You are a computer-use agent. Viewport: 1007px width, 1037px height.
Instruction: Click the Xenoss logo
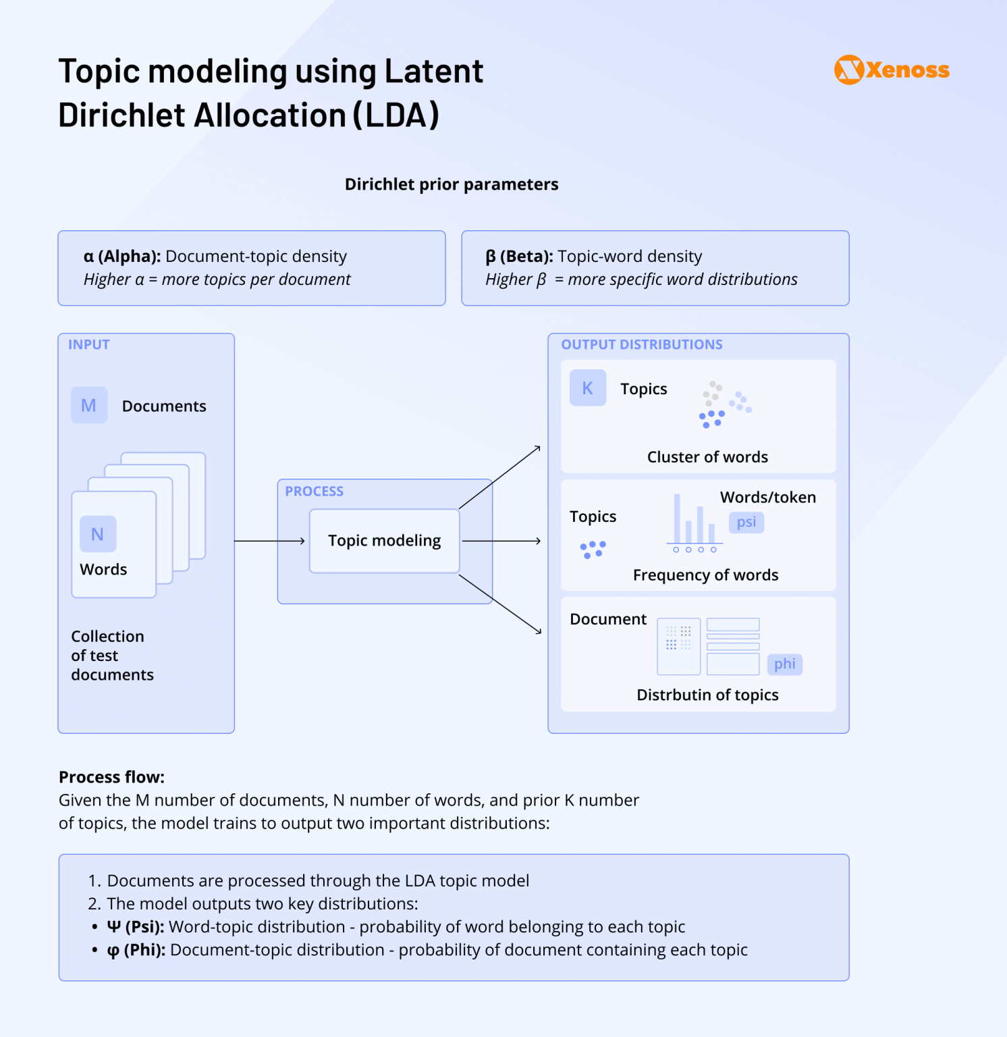(x=892, y=70)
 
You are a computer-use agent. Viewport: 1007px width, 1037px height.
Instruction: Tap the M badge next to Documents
(x=89, y=405)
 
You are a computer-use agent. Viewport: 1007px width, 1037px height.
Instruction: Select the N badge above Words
(x=98, y=534)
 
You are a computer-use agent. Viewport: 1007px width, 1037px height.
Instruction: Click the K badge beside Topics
(x=588, y=388)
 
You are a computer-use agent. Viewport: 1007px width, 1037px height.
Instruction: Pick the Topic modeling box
(x=384, y=541)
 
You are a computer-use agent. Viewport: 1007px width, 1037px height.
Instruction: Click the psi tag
(x=746, y=522)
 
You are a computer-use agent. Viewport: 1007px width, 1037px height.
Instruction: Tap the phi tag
(x=784, y=664)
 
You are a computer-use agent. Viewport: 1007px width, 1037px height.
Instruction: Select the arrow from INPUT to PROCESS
(x=269, y=541)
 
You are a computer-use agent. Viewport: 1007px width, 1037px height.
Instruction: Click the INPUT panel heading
(x=88, y=344)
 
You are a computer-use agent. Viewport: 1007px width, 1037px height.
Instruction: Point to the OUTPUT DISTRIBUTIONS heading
(x=641, y=344)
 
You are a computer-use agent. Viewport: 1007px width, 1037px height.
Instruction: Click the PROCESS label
(x=314, y=491)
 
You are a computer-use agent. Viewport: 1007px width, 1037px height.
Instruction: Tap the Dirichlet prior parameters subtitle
(x=452, y=184)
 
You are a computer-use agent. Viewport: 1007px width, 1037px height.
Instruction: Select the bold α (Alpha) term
(x=122, y=257)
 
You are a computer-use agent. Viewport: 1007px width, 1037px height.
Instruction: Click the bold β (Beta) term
(x=519, y=257)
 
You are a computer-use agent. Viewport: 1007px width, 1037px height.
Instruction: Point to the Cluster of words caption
(x=707, y=457)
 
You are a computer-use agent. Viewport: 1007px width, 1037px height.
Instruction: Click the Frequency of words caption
(x=705, y=575)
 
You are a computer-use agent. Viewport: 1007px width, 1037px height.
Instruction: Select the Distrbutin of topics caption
(x=707, y=695)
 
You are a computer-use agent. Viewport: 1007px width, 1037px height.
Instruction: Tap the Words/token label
(x=767, y=498)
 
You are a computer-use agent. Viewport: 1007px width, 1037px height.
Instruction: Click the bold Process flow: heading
(x=111, y=777)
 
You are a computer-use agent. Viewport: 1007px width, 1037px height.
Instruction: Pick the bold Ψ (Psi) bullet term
(x=135, y=927)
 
